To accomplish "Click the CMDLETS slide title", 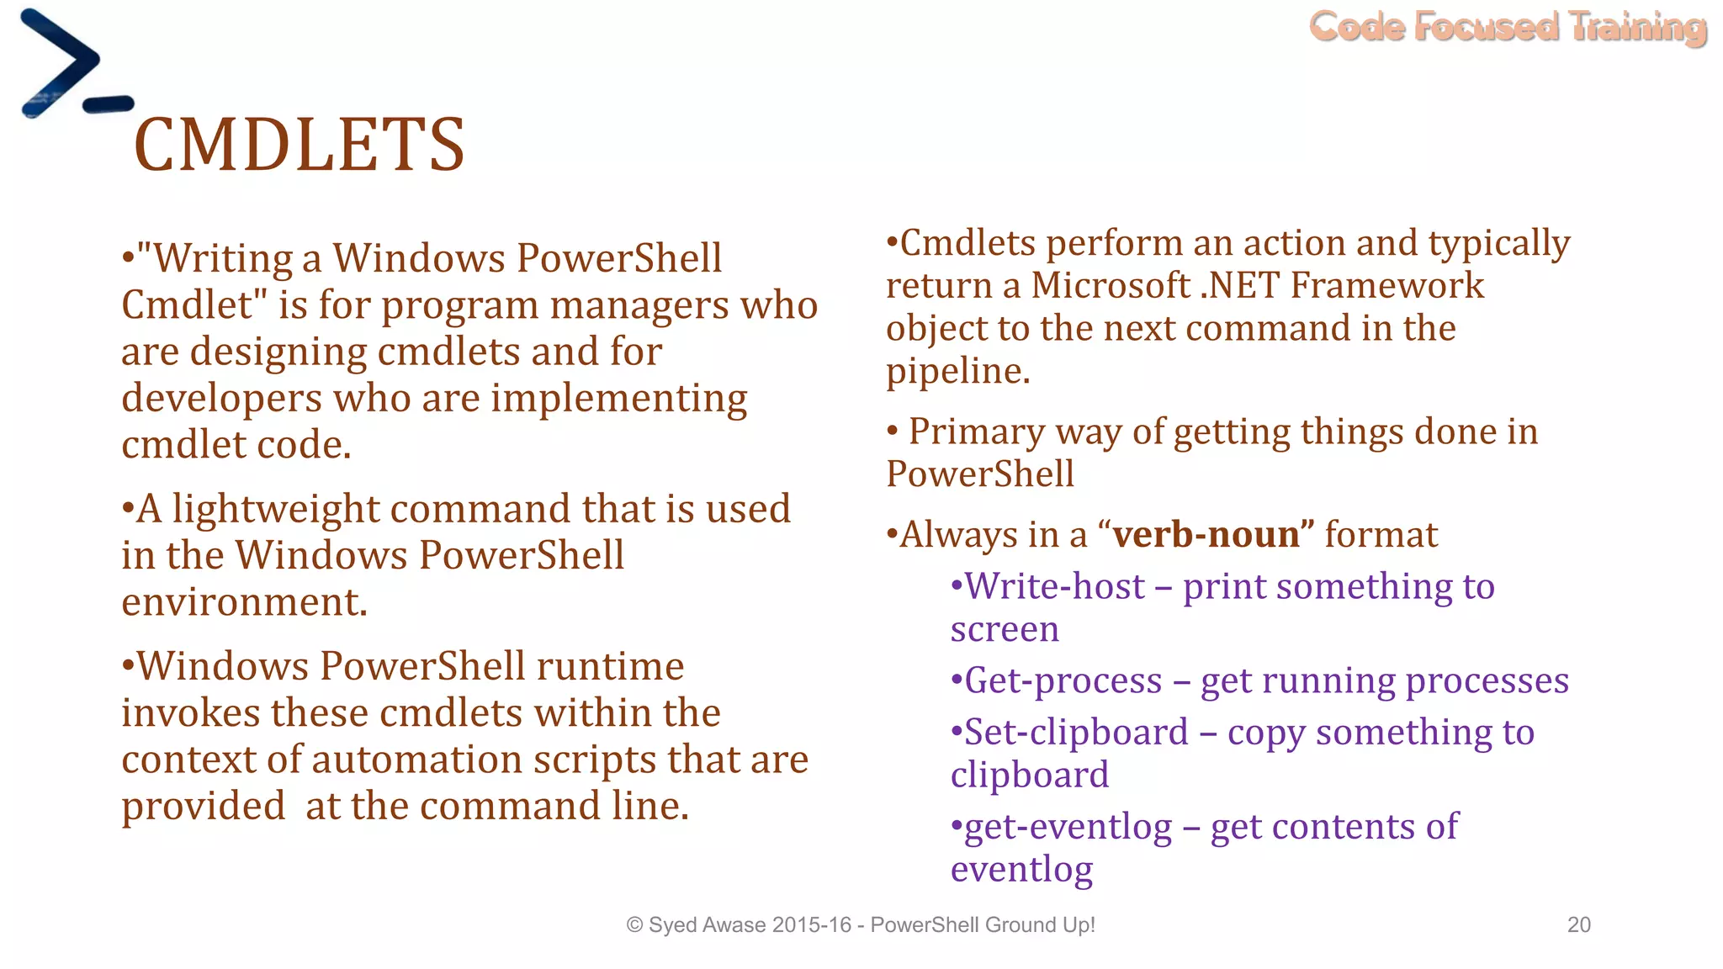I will click(299, 145).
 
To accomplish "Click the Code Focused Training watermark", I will click(1508, 27).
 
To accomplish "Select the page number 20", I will click(1578, 924).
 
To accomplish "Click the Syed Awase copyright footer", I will click(860, 924).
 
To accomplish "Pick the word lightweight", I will click(276, 510).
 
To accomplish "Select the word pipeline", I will click(957, 371).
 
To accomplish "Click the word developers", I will click(221, 399).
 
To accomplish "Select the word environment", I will click(244, 602).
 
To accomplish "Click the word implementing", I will click(618, 399).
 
